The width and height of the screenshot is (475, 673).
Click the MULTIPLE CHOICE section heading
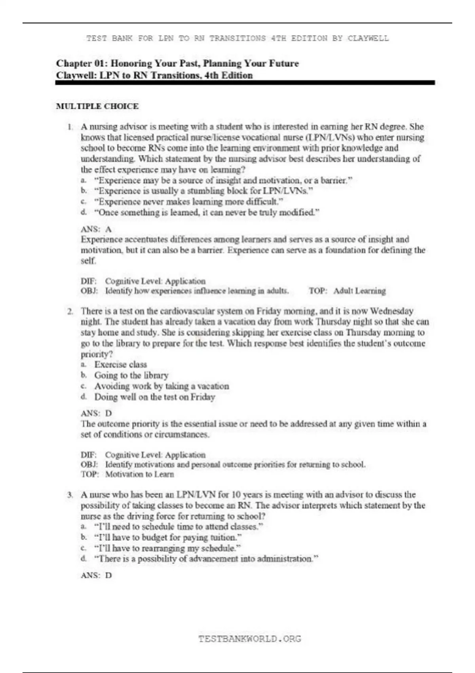coord(97,106)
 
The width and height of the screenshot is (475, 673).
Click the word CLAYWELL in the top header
coord(368,38)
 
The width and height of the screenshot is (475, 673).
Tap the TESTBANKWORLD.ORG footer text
coord(249,639)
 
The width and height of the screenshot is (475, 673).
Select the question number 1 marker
coord(70,127)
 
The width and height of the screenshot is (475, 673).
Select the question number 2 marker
coord(70,311)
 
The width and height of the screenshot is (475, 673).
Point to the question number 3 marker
coord(70,495)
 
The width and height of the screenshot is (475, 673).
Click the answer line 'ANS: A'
coord(96,229)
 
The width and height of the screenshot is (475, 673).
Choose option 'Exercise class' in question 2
coord(120,365)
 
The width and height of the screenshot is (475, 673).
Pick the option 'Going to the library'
coord(131,375)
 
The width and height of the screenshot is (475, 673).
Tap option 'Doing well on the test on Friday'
coord(154,397)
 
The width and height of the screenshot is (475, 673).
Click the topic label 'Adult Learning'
coord(359,291)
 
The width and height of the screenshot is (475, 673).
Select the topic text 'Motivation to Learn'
coord(139,474)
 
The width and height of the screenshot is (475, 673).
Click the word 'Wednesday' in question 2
coord(391,311)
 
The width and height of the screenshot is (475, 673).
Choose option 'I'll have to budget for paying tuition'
coord(168,538)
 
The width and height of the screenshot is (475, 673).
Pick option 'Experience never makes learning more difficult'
coord(188,202)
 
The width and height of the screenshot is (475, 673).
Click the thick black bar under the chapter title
coord(245,83)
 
